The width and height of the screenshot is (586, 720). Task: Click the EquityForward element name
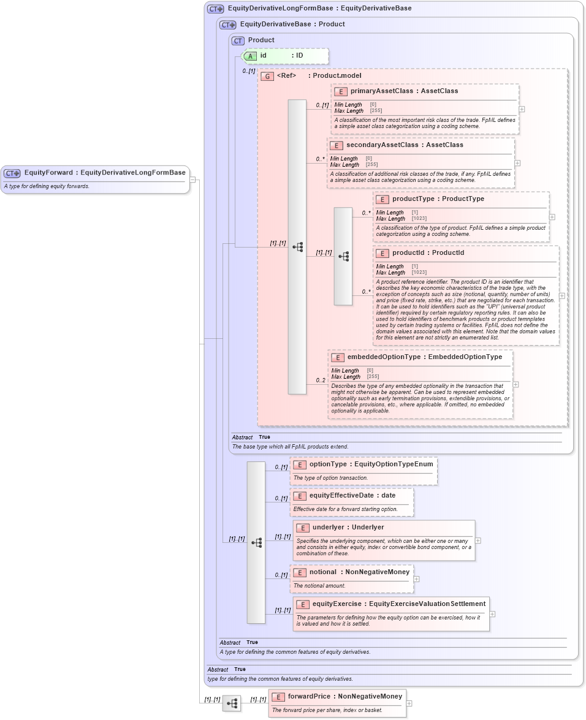point(48,173)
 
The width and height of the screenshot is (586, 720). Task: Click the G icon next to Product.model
point(267,77)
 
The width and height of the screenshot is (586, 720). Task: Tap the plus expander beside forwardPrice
point(409,703)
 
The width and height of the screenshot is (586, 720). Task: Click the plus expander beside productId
point(562,295)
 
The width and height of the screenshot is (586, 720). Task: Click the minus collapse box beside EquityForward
point(192,180)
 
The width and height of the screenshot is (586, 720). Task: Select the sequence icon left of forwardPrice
point(232,703)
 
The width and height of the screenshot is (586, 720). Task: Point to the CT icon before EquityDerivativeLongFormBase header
point(215,9)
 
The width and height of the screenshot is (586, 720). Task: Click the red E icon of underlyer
point(302,528)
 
